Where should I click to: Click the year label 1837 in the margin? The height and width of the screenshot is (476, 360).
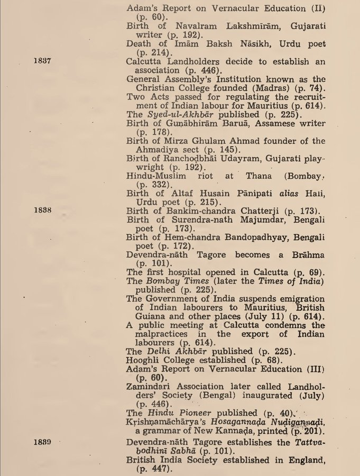(41, 61)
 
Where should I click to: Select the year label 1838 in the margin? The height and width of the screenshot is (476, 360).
(41, 209)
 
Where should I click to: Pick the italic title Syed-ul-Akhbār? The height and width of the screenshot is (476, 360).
(171, 114)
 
